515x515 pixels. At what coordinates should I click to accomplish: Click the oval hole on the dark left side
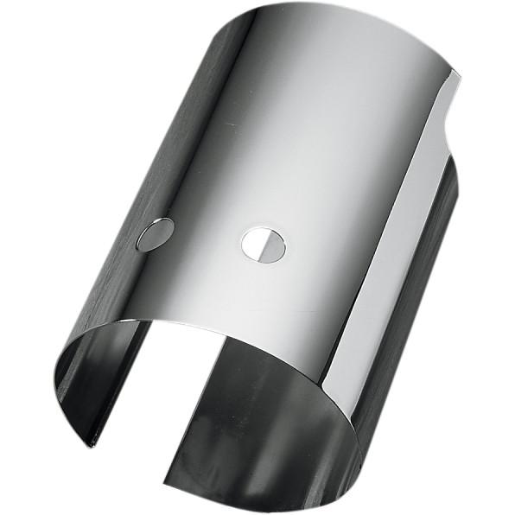tap(155, 234)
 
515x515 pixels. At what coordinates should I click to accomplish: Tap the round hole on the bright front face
tap(264, 245)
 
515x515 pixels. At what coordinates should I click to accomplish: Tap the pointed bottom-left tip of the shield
tap(90, 446)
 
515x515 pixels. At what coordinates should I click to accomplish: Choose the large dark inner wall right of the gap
tap(259, 415)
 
